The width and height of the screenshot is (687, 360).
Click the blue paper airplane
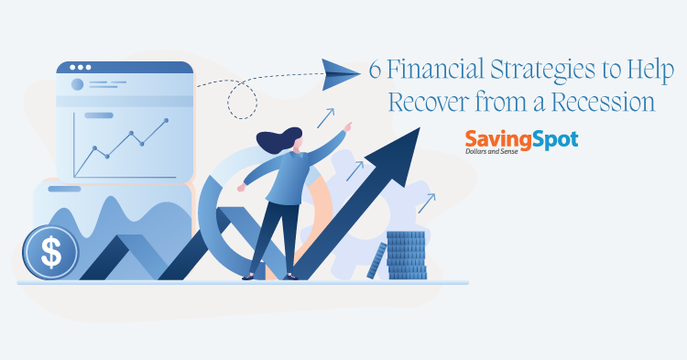click(341, 70)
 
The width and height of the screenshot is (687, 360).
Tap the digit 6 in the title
click(376, 70)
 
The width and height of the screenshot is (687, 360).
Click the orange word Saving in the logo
click(495, 139)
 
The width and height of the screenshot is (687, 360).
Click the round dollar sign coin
click(51, 252)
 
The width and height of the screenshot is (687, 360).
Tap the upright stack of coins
click(406, 255)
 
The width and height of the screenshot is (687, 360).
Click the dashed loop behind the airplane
click(245, 100)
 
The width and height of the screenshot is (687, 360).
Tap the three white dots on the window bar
click(80, 67)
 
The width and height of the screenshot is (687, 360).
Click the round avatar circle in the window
click(77, 84)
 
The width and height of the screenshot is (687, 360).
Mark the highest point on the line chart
click(166, 120)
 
